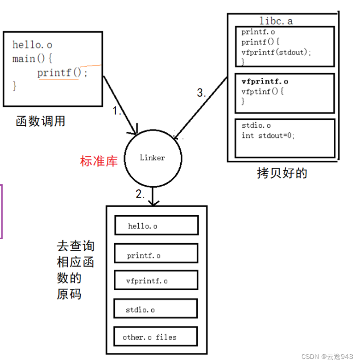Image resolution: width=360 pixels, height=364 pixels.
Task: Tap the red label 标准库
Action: click(x=99, y=161)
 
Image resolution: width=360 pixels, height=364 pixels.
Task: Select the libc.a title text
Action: click(x=276, y=21)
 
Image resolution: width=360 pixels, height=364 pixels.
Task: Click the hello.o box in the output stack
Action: click(x=156, y=226)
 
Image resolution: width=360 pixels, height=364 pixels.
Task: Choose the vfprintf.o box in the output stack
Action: click(x=156, y=280)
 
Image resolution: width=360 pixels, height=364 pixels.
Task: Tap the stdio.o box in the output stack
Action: click(x=156, y=309)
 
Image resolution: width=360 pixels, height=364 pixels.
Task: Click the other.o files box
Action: click(x=156, y=337)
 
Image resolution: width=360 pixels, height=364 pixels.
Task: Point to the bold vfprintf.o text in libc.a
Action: click(x=265, y=82)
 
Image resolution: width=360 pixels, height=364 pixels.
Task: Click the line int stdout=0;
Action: click(x=268, y=135)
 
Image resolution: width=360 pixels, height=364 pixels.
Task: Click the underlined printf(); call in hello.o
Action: click(x=62, y=73)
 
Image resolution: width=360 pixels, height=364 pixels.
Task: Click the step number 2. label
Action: click(x=141, y=194)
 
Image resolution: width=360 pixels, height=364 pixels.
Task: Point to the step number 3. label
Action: click(x=201, y=93)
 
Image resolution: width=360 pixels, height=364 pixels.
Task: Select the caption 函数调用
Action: click(x=40, y=122)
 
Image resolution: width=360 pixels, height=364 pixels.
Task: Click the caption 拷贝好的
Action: click(x=282, y=173)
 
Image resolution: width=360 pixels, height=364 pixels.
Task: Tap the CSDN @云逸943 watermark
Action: click(x=327, y=357)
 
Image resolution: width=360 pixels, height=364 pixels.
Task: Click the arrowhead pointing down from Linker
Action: click(x=153, y=202)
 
